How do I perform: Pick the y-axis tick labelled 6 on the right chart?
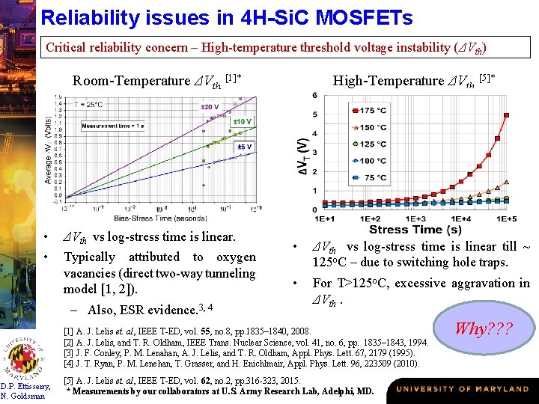click(315, 95)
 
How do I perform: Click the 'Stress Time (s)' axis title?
click(415, 229)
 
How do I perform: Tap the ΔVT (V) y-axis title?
click(302, 157)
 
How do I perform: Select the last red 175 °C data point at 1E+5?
click(507, 115)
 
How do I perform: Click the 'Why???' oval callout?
click(481, 328)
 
